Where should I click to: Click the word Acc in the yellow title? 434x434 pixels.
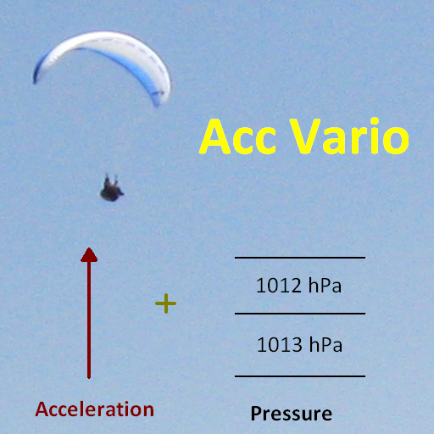click(x=237, y=137)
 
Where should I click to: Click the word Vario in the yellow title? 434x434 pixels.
click(x=349, y=136)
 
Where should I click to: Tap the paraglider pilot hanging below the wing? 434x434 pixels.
click(x=112, y=188)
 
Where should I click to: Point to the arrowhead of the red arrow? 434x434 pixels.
click(x=89, y=254)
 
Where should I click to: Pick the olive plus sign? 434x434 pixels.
click(x=166, y=303)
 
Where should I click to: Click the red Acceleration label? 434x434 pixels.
click(x=95, y=409)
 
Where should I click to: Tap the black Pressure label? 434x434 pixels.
click(x=292, y=415)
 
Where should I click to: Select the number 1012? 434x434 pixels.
click(x=279, y=286)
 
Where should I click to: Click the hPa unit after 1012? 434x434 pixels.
click(x=325, y=285)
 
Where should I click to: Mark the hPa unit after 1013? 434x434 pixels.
click(x=325, y=344)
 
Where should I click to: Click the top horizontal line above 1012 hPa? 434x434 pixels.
click(x=300, y=258)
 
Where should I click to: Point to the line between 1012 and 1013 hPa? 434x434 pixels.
click(x=300, y=314)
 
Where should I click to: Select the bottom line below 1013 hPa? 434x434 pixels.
click(x=300, y=376)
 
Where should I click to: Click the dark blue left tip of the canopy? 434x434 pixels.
click(x=36, y=75)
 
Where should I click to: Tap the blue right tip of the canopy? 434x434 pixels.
click(x=158, y=99)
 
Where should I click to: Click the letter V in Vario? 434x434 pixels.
click(x=305, y=136)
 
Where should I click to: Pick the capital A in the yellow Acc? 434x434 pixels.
click(x=215, y=136)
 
